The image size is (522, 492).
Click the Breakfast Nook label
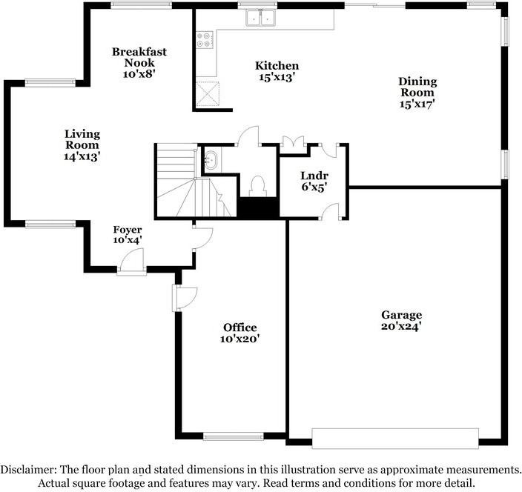click(139, 57)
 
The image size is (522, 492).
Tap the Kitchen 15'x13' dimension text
click(277, 77)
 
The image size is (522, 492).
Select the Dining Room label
click(417, 87)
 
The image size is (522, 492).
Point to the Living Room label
click(82, 139)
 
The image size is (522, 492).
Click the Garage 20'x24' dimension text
click(401, 326)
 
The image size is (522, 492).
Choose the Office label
click(240, 328)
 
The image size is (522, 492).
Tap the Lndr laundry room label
click(314, 176)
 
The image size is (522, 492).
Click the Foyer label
click(128, 230)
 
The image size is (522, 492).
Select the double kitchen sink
click(260, 18)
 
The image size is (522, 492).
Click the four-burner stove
click(204, 39)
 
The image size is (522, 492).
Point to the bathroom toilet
click(257, 186)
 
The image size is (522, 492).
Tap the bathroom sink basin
click(211, 160)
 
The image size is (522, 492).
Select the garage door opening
click(395, 439)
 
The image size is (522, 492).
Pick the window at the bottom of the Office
click(234, 436)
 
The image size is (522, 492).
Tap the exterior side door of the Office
click(184, 298)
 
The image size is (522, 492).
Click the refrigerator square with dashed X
click(208, 94)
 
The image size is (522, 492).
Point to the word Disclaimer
click(28, 469)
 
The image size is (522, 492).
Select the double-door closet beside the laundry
click(293, 142)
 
